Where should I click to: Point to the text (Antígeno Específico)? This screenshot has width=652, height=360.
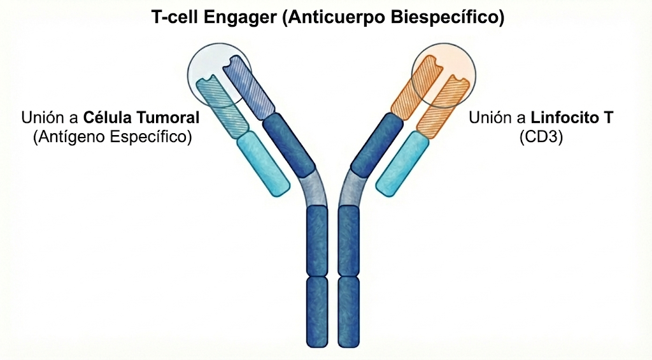pyautogui.click(x=112, y=136)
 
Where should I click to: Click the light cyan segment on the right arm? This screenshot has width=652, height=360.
pyautogui.click(x=400, y=164)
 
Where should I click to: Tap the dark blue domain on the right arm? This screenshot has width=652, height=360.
pyautogui.click(x=376, y=144)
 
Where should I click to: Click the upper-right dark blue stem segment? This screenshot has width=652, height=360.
pyautogui.click(x=348, y=241)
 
